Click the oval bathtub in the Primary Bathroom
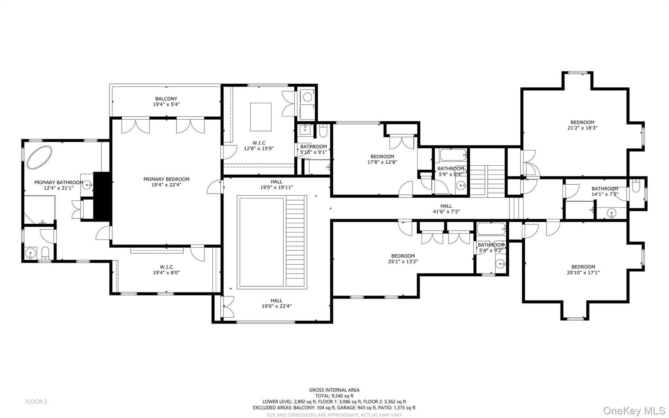(40, 158)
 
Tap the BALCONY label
(166, 99)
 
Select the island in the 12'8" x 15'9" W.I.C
(261, 117)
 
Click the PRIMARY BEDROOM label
(166, 179)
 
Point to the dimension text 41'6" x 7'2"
(446, 211)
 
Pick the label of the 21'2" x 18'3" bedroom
(582, 122)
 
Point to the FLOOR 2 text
(36, 401)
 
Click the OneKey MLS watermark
(634, 410)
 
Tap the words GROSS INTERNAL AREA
(334, 390)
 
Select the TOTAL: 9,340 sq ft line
(334, 396)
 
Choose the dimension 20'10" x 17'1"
(583, 272)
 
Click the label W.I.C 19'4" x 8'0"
(166, 270)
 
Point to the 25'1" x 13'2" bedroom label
(403, 256)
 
